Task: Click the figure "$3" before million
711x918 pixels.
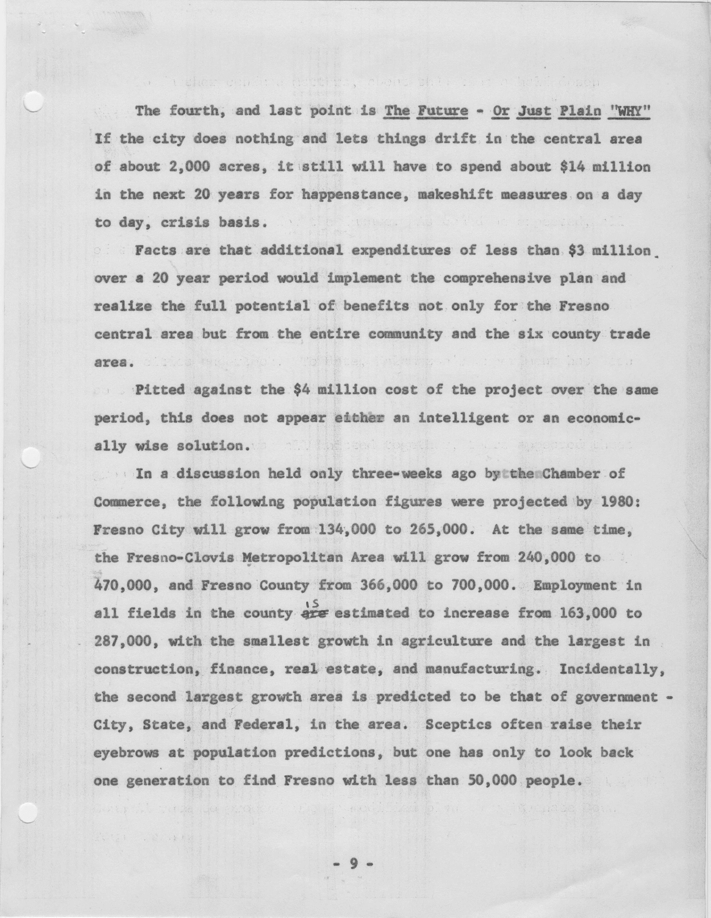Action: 575,251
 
